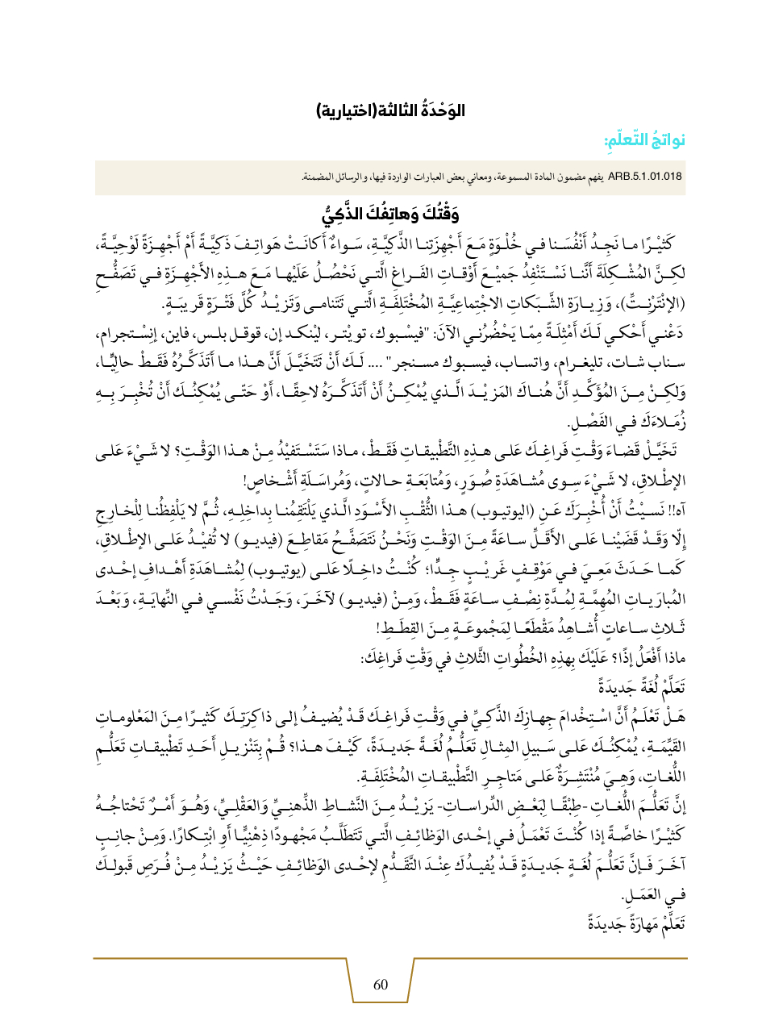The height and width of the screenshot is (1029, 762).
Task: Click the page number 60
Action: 381,984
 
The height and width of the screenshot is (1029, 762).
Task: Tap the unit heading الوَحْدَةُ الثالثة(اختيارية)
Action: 381,110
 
